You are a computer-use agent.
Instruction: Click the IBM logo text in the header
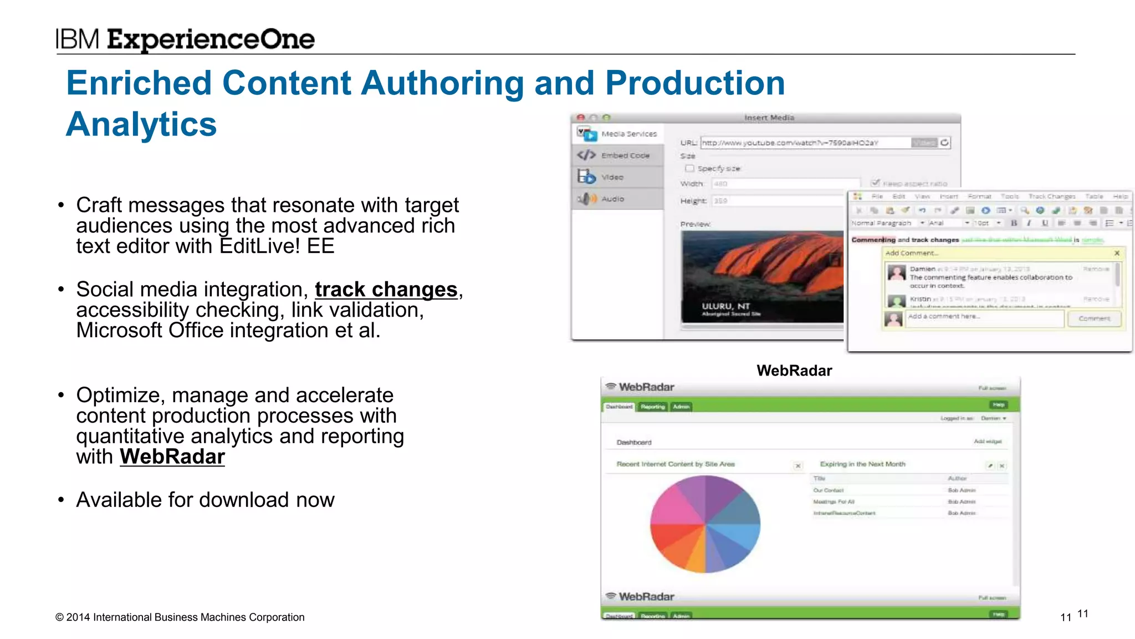[78, 39]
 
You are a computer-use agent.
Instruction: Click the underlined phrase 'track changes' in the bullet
[386, 290]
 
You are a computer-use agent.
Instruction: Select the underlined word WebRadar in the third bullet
[172, 457]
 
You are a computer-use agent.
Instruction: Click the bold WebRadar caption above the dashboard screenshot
[794, 371]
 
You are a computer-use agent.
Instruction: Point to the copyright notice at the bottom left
[180, 617]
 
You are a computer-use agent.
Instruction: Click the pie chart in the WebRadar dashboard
[705, 524]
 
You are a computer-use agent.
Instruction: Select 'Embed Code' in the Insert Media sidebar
[625, 156]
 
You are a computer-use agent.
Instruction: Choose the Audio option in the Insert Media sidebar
[612, 199]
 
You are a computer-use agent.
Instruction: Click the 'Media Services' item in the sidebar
[628, 134]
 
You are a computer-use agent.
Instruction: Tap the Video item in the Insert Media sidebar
[612, 177]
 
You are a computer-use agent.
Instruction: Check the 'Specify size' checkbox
[689, 169]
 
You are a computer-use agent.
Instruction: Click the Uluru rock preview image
[762, 276]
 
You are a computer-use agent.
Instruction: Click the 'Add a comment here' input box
[984, 317]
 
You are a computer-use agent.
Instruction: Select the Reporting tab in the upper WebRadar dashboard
[652, 407]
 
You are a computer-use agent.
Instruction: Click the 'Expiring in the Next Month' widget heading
[862, 464]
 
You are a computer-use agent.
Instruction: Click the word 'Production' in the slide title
[695, 83]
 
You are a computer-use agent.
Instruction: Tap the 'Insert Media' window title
[769, 118]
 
